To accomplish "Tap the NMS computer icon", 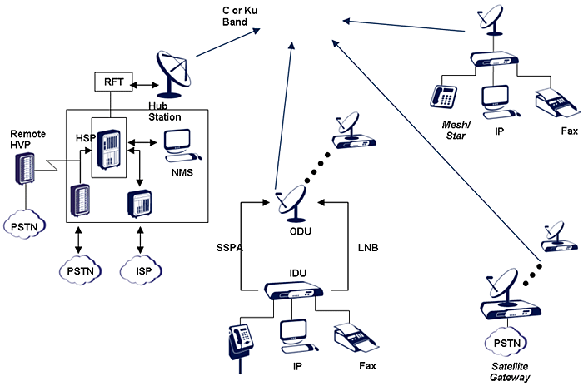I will click(x=182, y=144).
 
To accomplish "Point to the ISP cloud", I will click(x=139, y=270).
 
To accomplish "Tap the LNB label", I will click(x=356, y=247).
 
